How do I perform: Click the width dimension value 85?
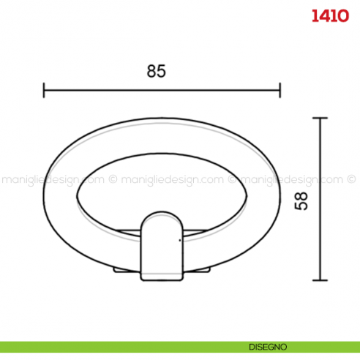pos(157,71)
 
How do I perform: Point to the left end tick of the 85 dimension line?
pos(44,90)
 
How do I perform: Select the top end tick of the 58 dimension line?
pos(319,118)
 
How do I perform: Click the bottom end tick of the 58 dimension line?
pos(319,280)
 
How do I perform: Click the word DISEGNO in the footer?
pos(266,346)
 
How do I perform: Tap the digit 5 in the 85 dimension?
pos(162,71)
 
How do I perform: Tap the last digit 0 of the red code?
pos(342,15)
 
